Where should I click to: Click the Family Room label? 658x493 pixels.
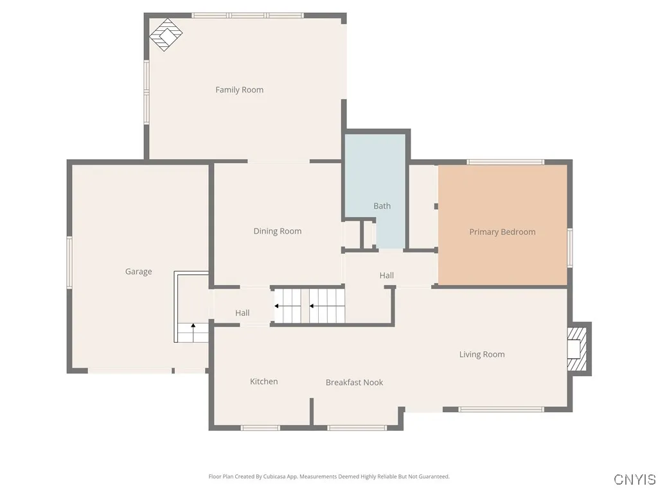[x=239, y=90]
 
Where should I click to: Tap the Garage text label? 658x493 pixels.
[x=138, y=272]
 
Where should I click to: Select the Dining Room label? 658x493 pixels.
[x=277, y=231]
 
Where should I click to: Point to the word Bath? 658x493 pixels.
[x=382, y=206]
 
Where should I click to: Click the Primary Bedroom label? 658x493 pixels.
[x=502, y=232]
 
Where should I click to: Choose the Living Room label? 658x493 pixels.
[x=481, y=354]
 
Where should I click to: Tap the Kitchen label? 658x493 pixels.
[x=263, y=381]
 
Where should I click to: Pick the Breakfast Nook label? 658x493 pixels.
[x=354, y=383]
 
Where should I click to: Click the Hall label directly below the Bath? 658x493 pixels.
[x=386, y=275]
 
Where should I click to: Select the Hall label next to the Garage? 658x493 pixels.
[x=242, y=313]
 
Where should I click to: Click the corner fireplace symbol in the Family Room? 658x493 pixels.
[x=166, y=35]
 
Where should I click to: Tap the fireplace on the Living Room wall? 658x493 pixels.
[x=577, y=349]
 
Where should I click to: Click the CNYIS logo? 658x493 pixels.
[x=634, y=480]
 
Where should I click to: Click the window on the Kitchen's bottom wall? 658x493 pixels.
[x=260, y=427]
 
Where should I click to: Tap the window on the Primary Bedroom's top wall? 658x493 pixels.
[x=505, y=162]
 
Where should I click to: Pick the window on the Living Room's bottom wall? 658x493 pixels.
[x=501, y=409]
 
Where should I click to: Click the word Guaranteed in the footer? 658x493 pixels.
[x=433, y=477]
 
